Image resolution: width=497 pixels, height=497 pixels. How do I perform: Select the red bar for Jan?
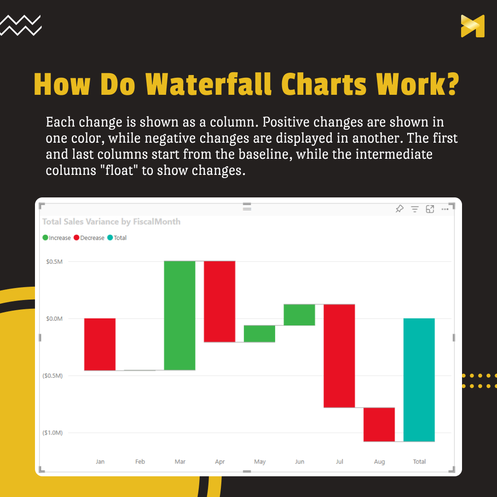point(100,344)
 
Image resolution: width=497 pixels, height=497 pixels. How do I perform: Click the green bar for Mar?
point(180,315)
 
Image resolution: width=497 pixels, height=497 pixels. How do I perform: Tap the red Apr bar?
point(220,301)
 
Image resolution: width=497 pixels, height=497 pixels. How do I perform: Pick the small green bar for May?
point(260,334)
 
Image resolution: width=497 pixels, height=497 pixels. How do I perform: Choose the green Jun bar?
point(300,315)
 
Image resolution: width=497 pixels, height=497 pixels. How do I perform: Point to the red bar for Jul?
point(339,356)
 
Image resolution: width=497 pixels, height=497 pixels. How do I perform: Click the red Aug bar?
point(379,424)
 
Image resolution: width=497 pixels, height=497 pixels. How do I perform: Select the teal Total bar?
point(419,380)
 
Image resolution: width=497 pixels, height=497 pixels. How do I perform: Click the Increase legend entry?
point(57,238)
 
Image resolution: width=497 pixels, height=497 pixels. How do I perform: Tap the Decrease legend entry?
point(89,238)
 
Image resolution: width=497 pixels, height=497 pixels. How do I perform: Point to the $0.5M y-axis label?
point(54,261)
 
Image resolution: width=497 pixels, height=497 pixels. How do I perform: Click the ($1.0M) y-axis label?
point(52,433)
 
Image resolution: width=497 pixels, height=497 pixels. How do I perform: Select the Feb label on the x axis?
point(140,462)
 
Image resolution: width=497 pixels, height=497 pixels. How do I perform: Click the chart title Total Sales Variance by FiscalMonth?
point(111,221)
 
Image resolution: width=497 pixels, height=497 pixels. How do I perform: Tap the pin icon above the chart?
point(399,209)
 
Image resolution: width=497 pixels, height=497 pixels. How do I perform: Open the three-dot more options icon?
point(445,209)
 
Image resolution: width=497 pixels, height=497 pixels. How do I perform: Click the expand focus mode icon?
point(430,209)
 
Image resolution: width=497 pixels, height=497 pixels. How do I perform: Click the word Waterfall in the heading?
point(208,84)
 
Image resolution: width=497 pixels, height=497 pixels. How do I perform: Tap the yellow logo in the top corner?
point(473,26)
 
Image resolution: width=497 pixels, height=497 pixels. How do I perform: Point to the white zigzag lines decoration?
point(21,25)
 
